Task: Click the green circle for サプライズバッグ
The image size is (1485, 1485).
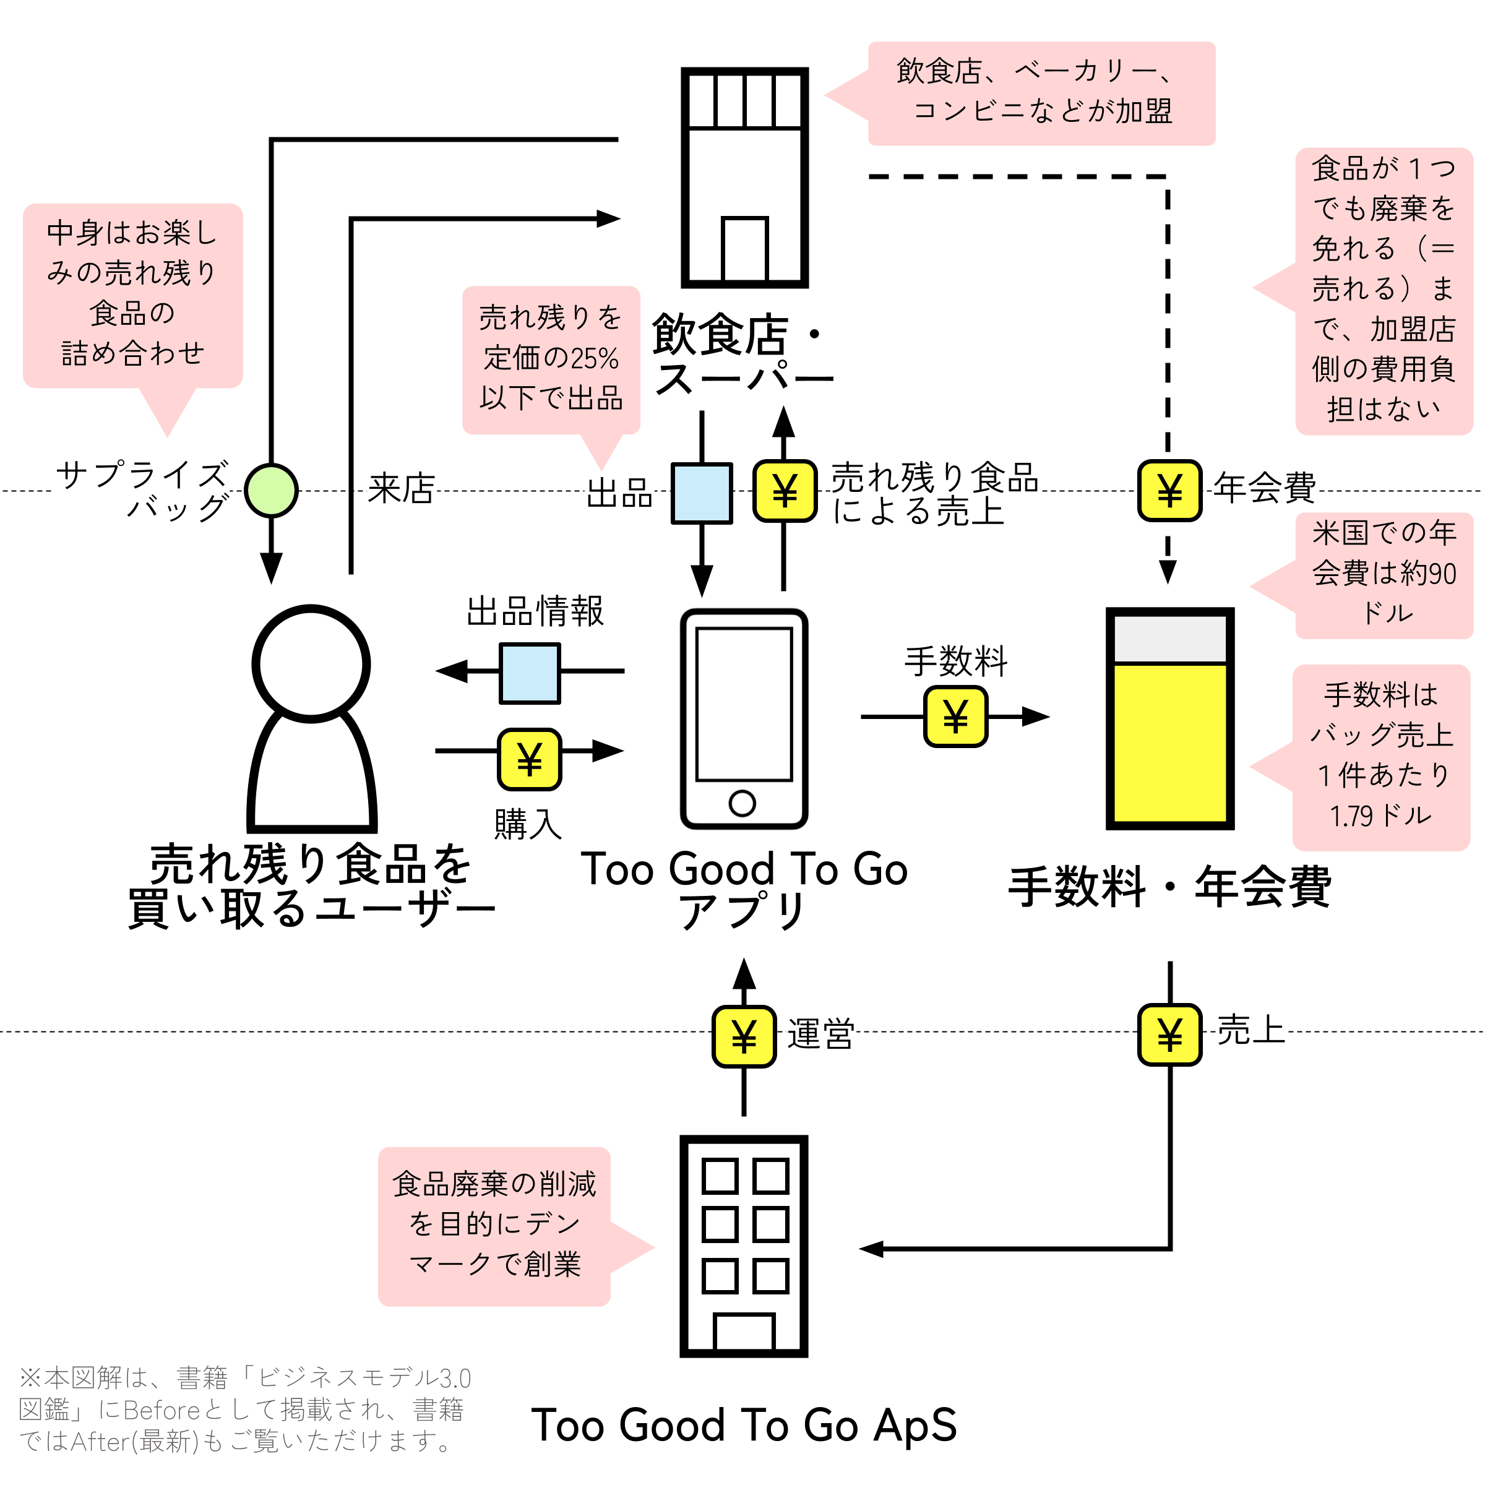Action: (x=272, y=491)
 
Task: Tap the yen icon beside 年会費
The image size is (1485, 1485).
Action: (x=1169, y=491)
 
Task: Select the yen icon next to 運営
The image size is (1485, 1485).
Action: (x=743, y=1036)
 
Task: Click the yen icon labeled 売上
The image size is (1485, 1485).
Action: (x=1169, y=1035)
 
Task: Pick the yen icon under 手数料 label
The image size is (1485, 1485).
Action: (x=955, y=717)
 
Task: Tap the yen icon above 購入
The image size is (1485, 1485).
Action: (x=530, y=759)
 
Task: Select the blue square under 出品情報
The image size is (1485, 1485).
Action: (x=530, y=673)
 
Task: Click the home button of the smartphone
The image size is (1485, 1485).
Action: (x=742, y=803)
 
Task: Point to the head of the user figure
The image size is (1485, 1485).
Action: (x=311, y=664)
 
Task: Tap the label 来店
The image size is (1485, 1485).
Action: (x=401, y=489)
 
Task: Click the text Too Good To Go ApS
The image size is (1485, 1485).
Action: (x=744, y=1426)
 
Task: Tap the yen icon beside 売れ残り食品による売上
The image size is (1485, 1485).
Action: (x=785, y=491)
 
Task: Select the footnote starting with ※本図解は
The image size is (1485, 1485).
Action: (x=244, y=1410)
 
